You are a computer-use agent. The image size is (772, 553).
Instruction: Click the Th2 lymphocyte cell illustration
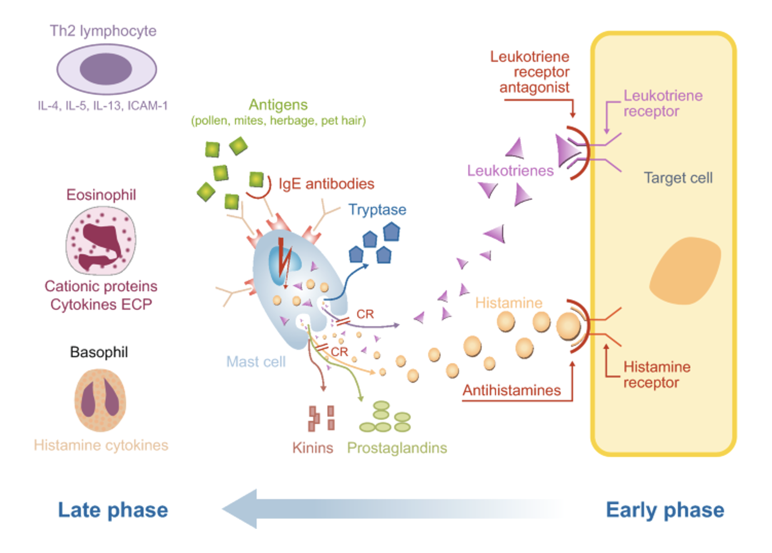106,69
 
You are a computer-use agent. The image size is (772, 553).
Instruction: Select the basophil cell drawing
100,400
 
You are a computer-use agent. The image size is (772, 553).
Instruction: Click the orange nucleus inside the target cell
685,271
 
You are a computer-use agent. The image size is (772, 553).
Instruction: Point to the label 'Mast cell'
256,362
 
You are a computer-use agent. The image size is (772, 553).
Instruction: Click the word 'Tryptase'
377,210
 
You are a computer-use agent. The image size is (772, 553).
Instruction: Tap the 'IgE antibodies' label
326,184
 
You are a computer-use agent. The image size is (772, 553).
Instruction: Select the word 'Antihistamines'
511,390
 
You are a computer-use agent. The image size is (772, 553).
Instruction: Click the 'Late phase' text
113,510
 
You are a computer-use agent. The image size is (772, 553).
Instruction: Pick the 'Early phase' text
665,510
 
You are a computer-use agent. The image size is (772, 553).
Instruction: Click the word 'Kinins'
312,448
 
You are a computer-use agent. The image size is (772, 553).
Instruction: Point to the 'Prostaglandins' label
397,448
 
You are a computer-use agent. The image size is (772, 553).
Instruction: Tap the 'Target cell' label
678,178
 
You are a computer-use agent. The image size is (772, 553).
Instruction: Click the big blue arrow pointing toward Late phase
364,509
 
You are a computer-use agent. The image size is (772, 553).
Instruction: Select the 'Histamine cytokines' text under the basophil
101,445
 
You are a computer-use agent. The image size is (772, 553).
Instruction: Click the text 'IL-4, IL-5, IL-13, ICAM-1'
103,106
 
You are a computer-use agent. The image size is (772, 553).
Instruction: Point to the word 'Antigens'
278,105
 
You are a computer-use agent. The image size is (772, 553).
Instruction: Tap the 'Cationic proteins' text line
101,286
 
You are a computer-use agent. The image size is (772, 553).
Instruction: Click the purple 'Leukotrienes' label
510,171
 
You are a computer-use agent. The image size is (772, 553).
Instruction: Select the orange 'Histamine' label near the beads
509,303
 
